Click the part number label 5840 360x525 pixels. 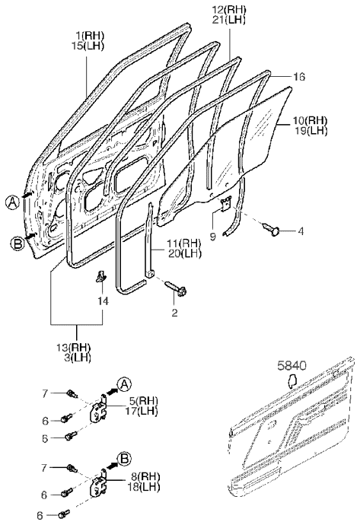pos(292,366)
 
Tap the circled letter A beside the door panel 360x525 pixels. pos(12,203)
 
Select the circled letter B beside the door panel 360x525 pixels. pos(17,243)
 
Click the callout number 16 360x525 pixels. pos(298,77)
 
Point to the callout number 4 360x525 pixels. pos(301,231)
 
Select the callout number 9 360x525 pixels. pos(213,237)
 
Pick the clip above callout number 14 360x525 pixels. pos(101,276)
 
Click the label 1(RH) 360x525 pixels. pos(89,35)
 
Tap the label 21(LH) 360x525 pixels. pos(229,21)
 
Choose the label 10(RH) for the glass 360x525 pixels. pos(310,120)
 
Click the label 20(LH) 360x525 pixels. pos(185,253)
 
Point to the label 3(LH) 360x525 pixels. pos(78,358)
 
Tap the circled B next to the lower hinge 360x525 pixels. pos(124,459)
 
